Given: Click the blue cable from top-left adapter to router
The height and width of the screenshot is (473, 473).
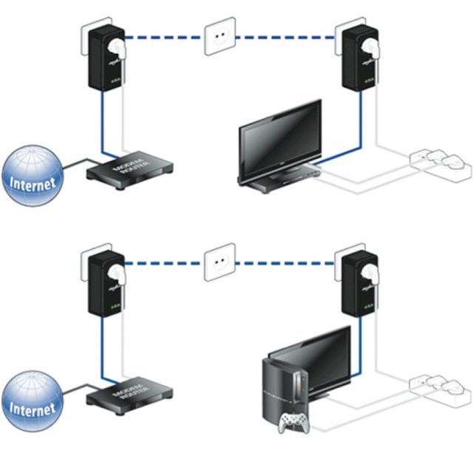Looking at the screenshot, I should (x=97, y=126).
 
